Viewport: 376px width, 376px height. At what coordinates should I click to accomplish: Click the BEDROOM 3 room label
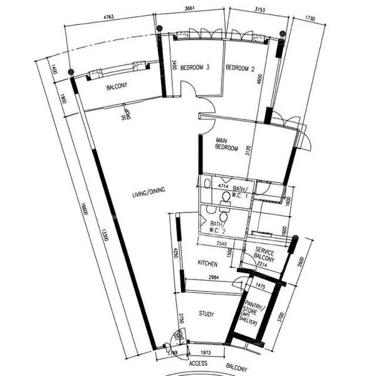coord(194,66)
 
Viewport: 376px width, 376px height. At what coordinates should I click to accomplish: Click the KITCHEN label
coord(207,263)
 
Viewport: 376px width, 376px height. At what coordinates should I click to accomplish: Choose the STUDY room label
coord(207,313)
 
